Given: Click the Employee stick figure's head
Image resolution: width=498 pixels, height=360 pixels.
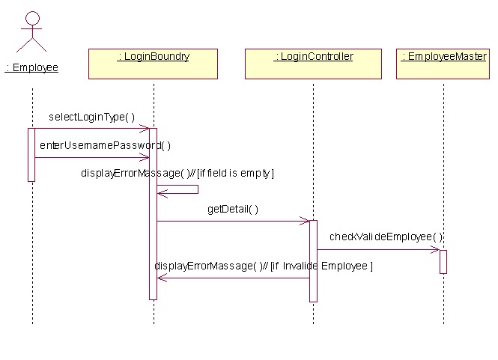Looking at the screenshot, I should coord(32,17).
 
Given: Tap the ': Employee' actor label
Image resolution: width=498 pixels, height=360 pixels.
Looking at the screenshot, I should coord(31,67).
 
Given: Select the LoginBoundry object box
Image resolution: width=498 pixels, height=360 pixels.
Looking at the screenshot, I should coord(153,64).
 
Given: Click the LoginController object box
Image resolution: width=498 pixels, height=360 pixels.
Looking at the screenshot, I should coord(313,64).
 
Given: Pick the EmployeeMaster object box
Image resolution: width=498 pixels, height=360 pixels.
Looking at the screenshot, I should coord(444,64).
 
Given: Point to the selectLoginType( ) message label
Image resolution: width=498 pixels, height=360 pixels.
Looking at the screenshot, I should coord(91,117).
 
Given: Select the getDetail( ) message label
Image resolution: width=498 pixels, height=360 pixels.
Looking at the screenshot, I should coord(233,209).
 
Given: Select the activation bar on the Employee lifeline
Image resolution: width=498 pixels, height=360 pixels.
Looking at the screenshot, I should coord(31,154).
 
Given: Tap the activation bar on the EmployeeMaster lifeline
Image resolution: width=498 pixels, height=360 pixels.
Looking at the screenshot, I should coord(443,261).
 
